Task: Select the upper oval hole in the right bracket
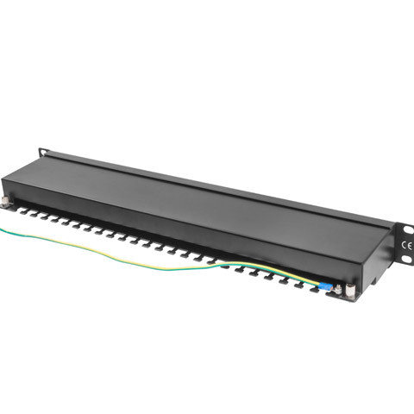coord(407,229)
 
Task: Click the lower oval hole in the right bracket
coord(406,260)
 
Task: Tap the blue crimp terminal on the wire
coord(325,286)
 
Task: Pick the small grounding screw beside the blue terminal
coord(338,289)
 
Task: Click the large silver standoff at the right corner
coord(350,291)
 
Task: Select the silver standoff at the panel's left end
coord(5,202)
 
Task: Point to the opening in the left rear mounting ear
coord(43,153)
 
